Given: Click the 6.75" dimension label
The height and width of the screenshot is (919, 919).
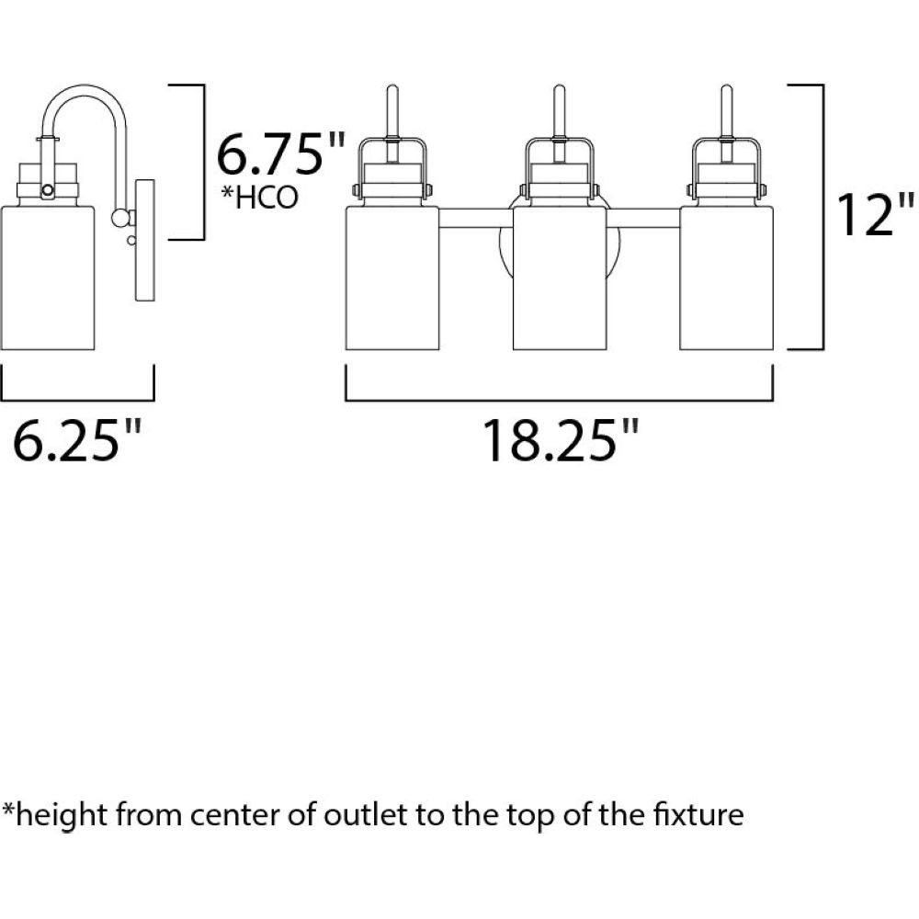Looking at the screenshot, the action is click(280, 154).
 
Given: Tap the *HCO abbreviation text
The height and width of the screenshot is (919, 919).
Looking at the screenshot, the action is click(260, 198).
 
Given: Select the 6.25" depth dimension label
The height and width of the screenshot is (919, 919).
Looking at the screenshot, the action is click(77, 440).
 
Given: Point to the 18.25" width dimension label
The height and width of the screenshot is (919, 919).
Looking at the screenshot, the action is click(560, 440).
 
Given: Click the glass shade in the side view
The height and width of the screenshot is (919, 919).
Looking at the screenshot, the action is click(48, 278).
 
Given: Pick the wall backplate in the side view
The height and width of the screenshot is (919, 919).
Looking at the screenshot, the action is click(145, 240).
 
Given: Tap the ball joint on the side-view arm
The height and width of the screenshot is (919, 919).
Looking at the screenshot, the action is click(120, 218).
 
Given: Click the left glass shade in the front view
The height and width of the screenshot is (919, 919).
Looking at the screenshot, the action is click(392, 278).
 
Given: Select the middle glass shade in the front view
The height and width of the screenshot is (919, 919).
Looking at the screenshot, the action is click(559, 278).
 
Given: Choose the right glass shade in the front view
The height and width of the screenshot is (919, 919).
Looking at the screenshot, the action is click(726, 278).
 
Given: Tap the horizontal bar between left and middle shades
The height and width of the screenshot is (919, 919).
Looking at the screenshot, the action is click(476, 218).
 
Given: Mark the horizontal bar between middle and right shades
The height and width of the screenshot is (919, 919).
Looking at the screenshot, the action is click(643, 218).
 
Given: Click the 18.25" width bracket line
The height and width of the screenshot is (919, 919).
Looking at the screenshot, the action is click(559, 401).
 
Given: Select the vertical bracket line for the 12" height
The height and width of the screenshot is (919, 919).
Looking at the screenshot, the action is click(823, 217).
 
